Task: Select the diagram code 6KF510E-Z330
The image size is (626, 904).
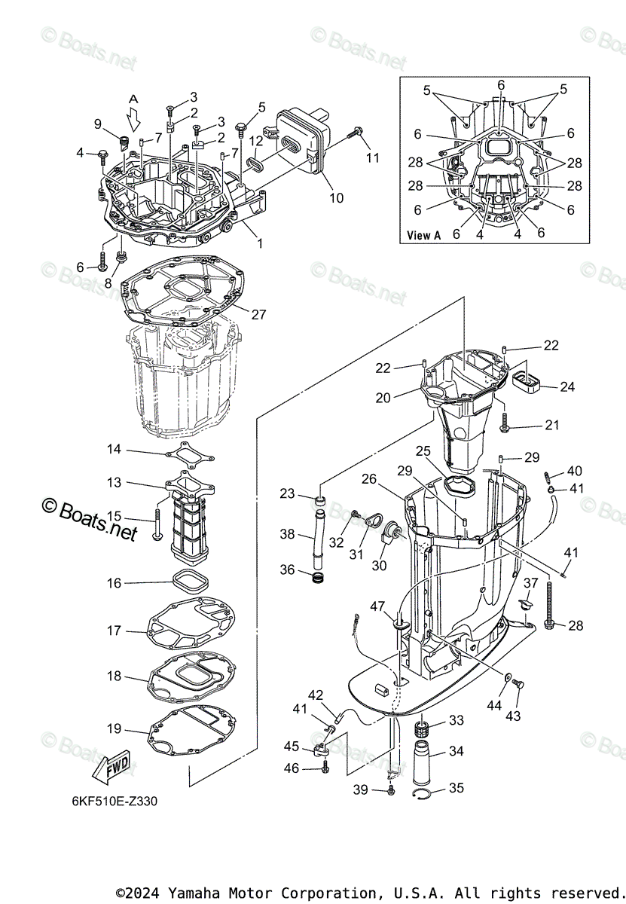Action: [x=110, y=800]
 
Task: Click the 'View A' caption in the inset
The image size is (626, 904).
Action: [x=423, y=235]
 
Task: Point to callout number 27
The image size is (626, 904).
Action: [x=258, y=315]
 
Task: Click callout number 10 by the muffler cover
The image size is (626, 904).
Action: [x=335, y=198]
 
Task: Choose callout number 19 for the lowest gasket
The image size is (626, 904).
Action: [x=114, y=728]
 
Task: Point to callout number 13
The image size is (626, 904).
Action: [x=114, y=482]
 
